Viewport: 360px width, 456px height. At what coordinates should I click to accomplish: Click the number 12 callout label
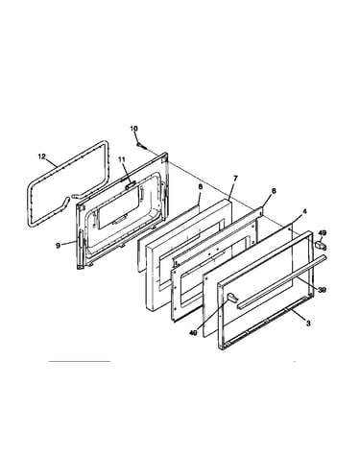coord(42,156)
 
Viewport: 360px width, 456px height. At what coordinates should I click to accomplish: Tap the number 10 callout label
coord(133,129)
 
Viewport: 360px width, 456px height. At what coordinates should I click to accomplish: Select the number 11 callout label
coord(123,159)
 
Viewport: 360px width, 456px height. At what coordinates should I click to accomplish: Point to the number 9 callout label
coord(58,246)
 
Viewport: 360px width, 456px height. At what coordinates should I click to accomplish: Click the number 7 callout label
coord(235,178)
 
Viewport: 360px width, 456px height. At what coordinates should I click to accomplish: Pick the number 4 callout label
coord(304,211)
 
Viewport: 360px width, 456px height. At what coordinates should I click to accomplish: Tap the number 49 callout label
coord(323,233)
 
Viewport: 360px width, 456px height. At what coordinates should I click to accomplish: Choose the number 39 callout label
coord(322,289)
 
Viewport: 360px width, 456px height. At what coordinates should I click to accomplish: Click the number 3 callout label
coord(308,324)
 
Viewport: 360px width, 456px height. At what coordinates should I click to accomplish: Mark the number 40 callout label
coord(193,333)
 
